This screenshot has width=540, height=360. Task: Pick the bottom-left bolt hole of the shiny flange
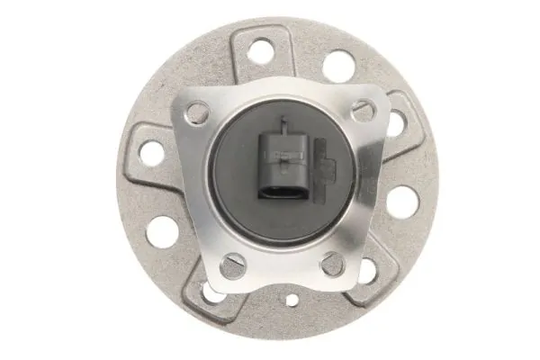(x=230, y=265)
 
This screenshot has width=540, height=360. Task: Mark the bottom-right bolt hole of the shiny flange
(x=330, y=263)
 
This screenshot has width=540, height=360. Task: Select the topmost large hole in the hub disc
(x=260, y=51)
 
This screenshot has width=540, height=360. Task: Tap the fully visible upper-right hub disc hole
(x=338, y=65)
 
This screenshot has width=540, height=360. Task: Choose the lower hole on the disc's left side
(x=163, y=230)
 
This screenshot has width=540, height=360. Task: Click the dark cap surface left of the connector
(x=234, y=171)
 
